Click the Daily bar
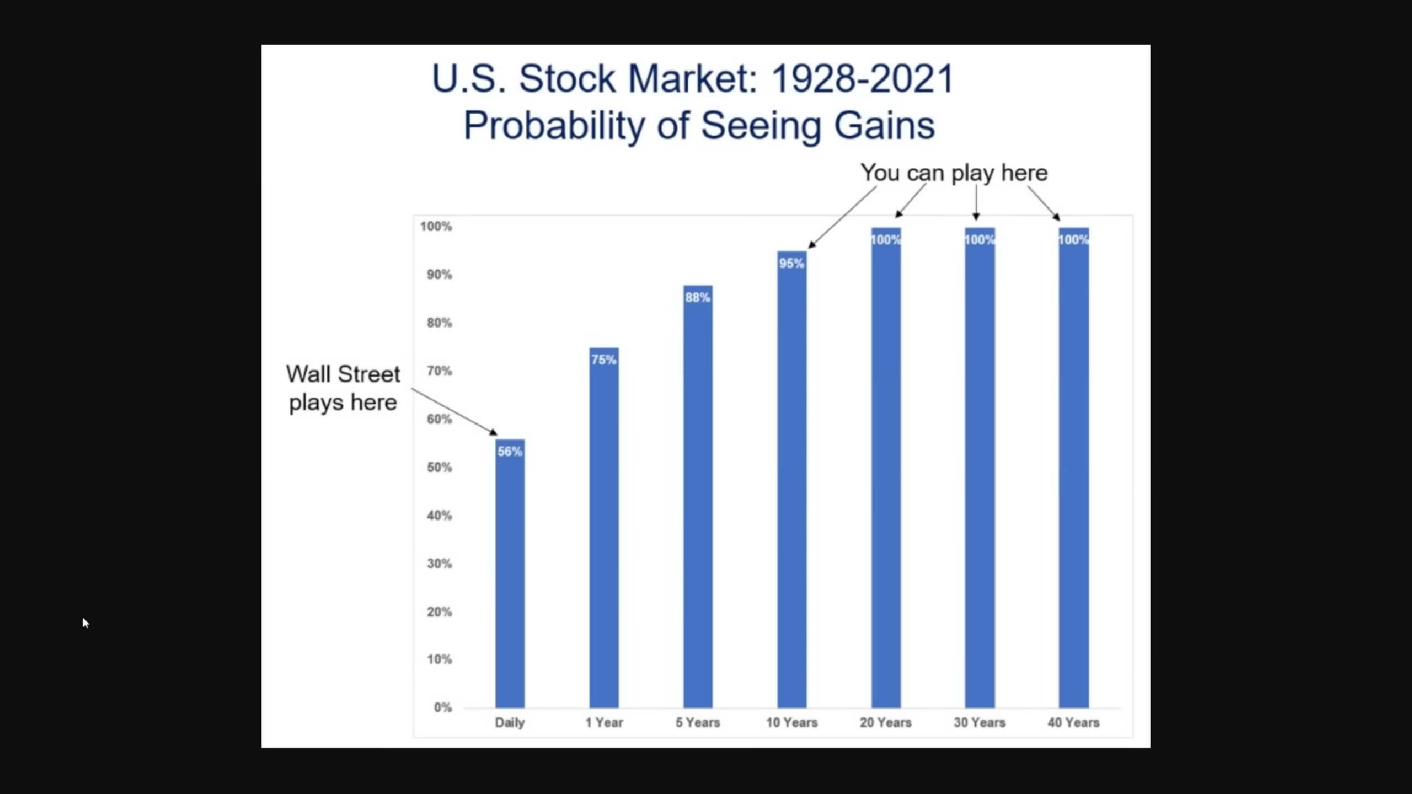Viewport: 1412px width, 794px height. [x=510, y=573]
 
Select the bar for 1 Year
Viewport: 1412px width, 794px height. [x=604, y=528]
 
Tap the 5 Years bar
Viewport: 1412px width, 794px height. [x=698, y=496]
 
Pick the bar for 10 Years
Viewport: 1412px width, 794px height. [x=792, y=479]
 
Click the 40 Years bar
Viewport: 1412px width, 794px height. [x=1074, y=468]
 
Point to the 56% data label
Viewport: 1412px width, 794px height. [x=510, y=452]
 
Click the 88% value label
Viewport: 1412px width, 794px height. [x=698, y=298]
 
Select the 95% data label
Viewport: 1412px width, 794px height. [x=792, y=264]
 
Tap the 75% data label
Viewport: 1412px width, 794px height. [x=604, y=360]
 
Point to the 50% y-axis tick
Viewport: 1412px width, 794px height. [x=440, y=468]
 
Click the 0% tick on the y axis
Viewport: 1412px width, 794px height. [x=443, y=707]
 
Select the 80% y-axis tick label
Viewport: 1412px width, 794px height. [x=440, y=323]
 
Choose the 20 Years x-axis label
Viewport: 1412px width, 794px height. [x=886, y=722]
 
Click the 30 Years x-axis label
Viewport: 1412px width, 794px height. [x=980, y=722]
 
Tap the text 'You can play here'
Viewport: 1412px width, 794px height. [x=954, y=173]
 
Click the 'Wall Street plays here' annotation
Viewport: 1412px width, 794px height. [x=343, y=388]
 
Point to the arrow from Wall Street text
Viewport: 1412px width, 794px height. [x=454, y=412]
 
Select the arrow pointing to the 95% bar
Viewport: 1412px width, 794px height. [x=842, y=217]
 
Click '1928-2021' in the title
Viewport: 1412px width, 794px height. [x=863, y=78]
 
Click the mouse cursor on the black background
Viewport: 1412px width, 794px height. [x=85, y=623]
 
